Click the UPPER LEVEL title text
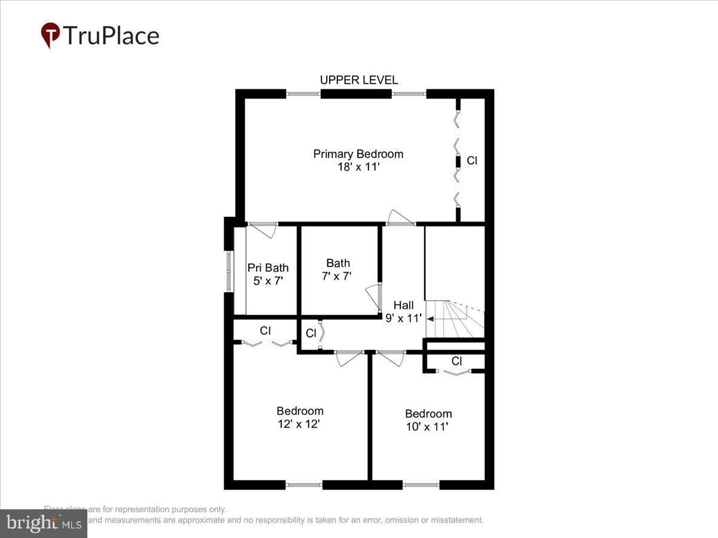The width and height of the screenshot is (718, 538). pyautogui.click(x=358, y=80)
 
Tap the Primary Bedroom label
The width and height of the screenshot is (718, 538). pyautogui.click(x=358, y=154)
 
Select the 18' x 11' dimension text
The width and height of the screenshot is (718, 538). pyautogui.click(x=358, y=167)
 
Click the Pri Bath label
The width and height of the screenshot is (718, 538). pyautogui.click(x=268, y=267)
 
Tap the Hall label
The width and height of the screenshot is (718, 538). pyautogui.click(x=403, y=305)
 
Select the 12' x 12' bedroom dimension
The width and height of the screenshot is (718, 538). pyautogui.click(x=299, y=424)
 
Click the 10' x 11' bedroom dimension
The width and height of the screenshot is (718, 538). pyautogui.click(x=428, y=427)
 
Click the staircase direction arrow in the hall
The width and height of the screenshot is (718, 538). pyautogui.click(x=430, y=319)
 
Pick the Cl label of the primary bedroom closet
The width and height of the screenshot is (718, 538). pyautogui.click(x=472, y=160)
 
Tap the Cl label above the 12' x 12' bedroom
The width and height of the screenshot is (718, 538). pyautogui.click(x=266, y=330)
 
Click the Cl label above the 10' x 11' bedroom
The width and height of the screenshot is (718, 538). pyautogui.click(x=457, y=361)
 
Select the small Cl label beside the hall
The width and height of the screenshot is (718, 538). pyautogui.click(x=311, y=334)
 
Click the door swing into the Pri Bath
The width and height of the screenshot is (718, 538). pyautogui.click(x=263, y=231)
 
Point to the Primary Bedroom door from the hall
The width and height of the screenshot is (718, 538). pyautogui.click(x=400, y=218)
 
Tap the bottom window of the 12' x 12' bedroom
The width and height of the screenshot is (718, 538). pyautogui.click(x=304, y=484)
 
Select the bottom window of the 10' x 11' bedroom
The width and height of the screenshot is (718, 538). pyautogui.click(x=421, y=484)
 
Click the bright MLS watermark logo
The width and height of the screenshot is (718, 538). pyautogui.click(x=43, y=523)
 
